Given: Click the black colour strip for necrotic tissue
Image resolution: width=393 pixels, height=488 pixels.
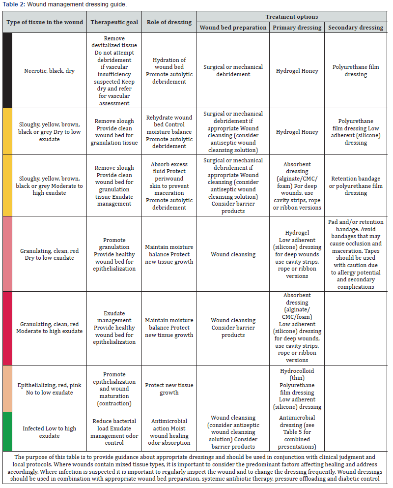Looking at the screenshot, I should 7,70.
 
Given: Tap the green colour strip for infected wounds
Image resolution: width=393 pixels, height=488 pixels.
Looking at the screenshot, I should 7,431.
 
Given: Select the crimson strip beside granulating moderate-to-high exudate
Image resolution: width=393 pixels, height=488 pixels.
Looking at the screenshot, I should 7,328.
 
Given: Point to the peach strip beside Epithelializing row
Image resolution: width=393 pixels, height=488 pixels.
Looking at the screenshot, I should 7,389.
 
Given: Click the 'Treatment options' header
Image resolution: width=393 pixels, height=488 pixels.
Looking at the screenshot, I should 292,17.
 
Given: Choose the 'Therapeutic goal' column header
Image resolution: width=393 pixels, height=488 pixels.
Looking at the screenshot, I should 114,22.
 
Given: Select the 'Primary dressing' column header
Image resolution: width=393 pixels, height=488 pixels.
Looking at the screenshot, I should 297,28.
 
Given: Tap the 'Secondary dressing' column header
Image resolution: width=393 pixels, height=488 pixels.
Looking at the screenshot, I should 355,28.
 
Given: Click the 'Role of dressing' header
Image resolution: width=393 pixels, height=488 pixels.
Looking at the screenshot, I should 169,22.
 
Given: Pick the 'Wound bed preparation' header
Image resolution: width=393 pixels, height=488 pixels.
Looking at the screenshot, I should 233,28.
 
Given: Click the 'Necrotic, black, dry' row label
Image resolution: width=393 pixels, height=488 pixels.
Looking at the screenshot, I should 49,71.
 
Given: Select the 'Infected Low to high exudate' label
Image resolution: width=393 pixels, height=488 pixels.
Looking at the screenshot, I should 49,432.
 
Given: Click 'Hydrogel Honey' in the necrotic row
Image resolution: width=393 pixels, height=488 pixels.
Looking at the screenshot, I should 297,71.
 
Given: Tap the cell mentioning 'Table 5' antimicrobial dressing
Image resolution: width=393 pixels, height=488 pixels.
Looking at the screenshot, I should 297,432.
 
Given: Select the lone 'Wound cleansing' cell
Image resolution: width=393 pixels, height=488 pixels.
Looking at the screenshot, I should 233,254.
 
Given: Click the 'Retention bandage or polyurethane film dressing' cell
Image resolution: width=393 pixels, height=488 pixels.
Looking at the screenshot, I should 355,186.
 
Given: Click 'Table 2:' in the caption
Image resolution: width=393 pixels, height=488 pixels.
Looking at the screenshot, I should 13,4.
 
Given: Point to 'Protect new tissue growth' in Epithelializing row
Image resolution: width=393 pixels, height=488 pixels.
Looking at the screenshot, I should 169,389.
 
